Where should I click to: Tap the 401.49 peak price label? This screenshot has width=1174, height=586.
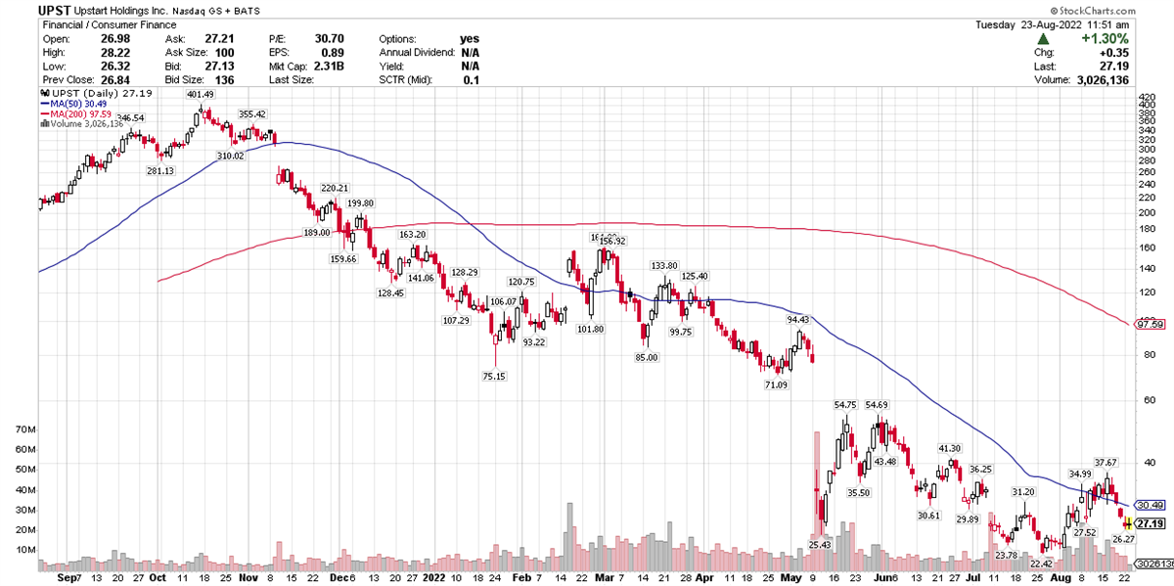[x=200, y=95]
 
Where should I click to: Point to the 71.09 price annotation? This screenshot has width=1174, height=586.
[x=775, y=385]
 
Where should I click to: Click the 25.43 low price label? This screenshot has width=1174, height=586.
[x=820, y=544]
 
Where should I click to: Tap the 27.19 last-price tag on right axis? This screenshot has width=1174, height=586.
[x=1151, y=524]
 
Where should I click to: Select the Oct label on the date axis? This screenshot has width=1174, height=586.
[x=157, y=577]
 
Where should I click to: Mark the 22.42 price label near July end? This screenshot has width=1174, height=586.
[x=1041, y=563]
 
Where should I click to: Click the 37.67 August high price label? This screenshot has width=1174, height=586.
[x=1106, y=463]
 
